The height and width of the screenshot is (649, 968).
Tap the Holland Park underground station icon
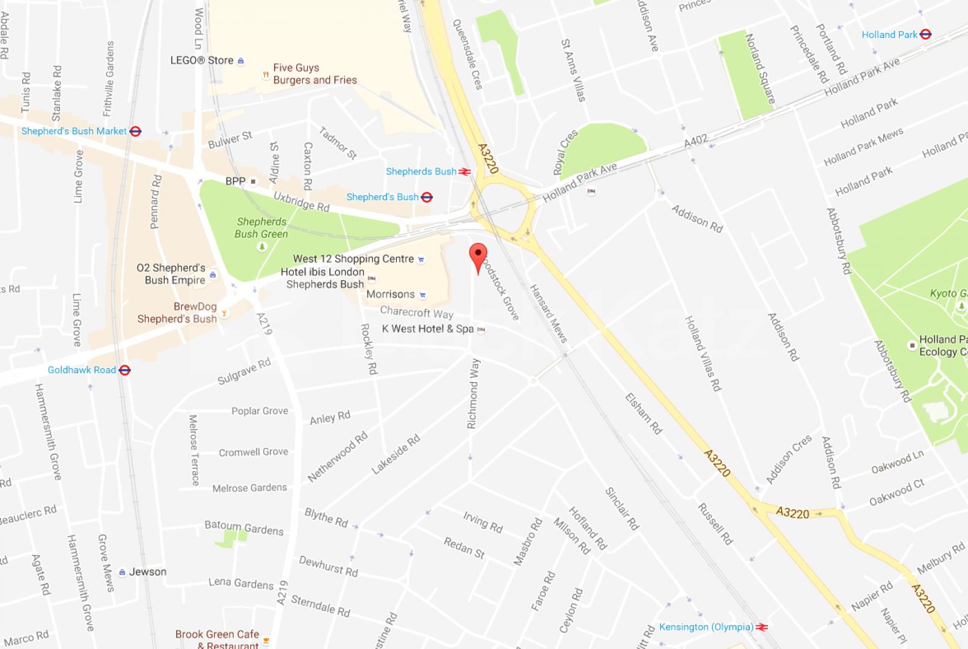pos(925,34)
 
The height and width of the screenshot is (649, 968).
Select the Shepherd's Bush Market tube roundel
pos(136,131)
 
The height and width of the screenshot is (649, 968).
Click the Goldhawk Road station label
pos(82,370)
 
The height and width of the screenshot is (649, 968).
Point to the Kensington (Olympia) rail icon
pos(762,627)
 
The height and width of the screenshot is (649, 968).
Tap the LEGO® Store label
pos(202,61)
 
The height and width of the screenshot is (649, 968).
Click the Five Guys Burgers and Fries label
pos(314,74)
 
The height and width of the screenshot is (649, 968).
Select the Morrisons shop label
pos(391,294)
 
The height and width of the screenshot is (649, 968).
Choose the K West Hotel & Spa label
pos(427,329)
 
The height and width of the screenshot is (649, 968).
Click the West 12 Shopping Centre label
pos(353,259)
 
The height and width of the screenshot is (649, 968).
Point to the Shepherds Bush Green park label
pos(261,228)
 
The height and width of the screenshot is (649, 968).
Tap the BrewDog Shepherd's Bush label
pos(177,312)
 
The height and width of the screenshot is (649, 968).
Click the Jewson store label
pos(148,572)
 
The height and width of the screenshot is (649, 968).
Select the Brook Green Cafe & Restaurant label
pos(217,639)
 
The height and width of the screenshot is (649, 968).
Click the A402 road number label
pos(696,141)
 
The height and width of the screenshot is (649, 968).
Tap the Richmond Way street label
pos(473,394)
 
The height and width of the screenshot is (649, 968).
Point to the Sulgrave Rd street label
pos(244,371)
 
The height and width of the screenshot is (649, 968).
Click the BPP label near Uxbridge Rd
pos(236,181)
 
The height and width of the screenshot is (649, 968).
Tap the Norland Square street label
pos(760,69)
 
